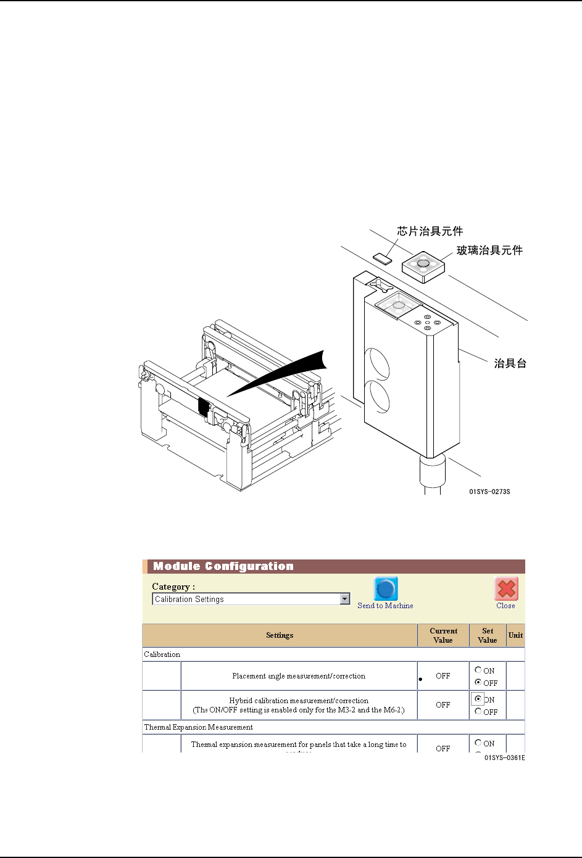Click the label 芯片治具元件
point(430,231)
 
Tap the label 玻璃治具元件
point(489,250)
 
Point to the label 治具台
point(510,363)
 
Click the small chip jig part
point(383,257)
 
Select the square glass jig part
point(423,266)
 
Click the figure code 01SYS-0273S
point(489,492)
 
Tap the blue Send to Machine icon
point(386,589)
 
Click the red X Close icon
point(506,589)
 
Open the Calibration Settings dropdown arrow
point(345,599)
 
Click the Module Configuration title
point(223,566)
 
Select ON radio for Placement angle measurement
point(478,670)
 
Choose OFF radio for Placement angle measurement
point(478,682)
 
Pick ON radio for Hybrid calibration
point(478,699)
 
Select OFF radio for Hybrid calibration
point(478,711)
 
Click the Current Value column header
point(443,635)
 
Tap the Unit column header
point(515,635)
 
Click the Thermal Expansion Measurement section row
point(199,727)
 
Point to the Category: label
point(173,587)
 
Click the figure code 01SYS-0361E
point(504,757)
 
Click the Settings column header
point(280,635)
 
